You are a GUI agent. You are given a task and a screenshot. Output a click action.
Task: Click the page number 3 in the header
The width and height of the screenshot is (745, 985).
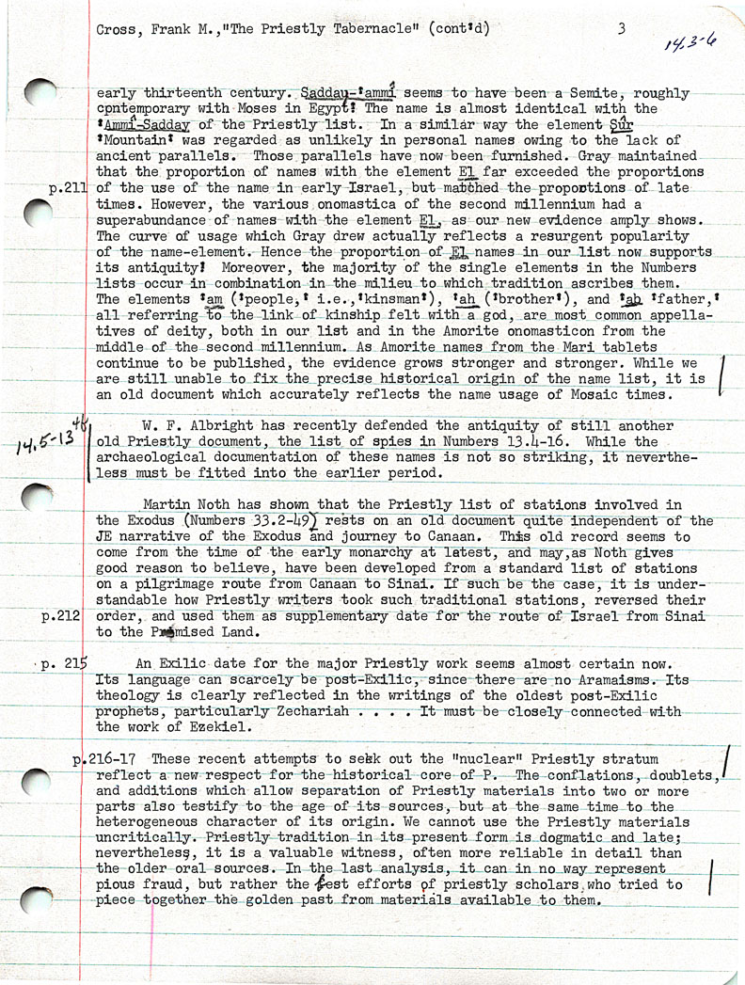pos(622,28)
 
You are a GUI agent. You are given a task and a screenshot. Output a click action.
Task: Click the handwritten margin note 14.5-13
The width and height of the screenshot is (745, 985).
pos(43,440)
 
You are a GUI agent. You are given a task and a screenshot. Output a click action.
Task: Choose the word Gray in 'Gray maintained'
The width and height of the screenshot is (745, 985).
pos(600,155)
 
